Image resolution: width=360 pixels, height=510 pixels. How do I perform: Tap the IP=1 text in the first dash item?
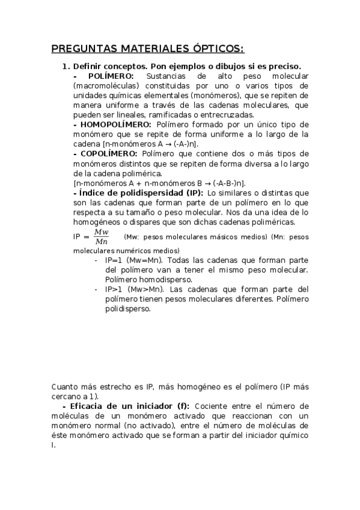pos(114,261)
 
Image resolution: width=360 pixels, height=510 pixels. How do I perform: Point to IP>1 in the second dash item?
pos(114,290)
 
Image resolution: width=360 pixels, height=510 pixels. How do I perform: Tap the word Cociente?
pos(213,406)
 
